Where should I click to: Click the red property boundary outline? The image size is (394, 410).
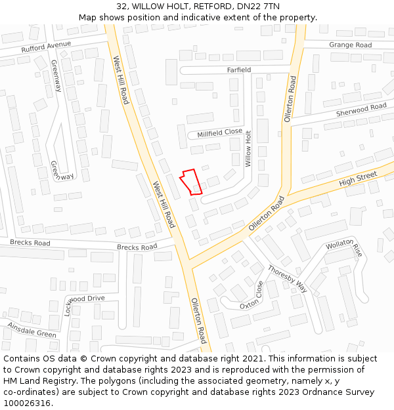click(x=190, y=182)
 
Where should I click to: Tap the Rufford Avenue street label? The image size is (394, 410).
click(x=46, y=47)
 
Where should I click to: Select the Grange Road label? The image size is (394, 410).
click(x=350, y=45)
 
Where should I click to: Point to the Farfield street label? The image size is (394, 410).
click(x=239, y=70)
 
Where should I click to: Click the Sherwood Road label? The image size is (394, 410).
click(x=361, y=110)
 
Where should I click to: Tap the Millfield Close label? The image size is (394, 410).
click(x=220, y=133)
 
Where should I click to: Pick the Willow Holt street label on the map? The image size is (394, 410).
click(x=248, y=148)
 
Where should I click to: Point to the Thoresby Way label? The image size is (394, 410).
click(x=287, y=278)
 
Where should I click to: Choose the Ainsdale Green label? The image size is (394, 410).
click(x=32, y=329)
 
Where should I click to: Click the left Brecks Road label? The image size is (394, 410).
click(x=30, y=243)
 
